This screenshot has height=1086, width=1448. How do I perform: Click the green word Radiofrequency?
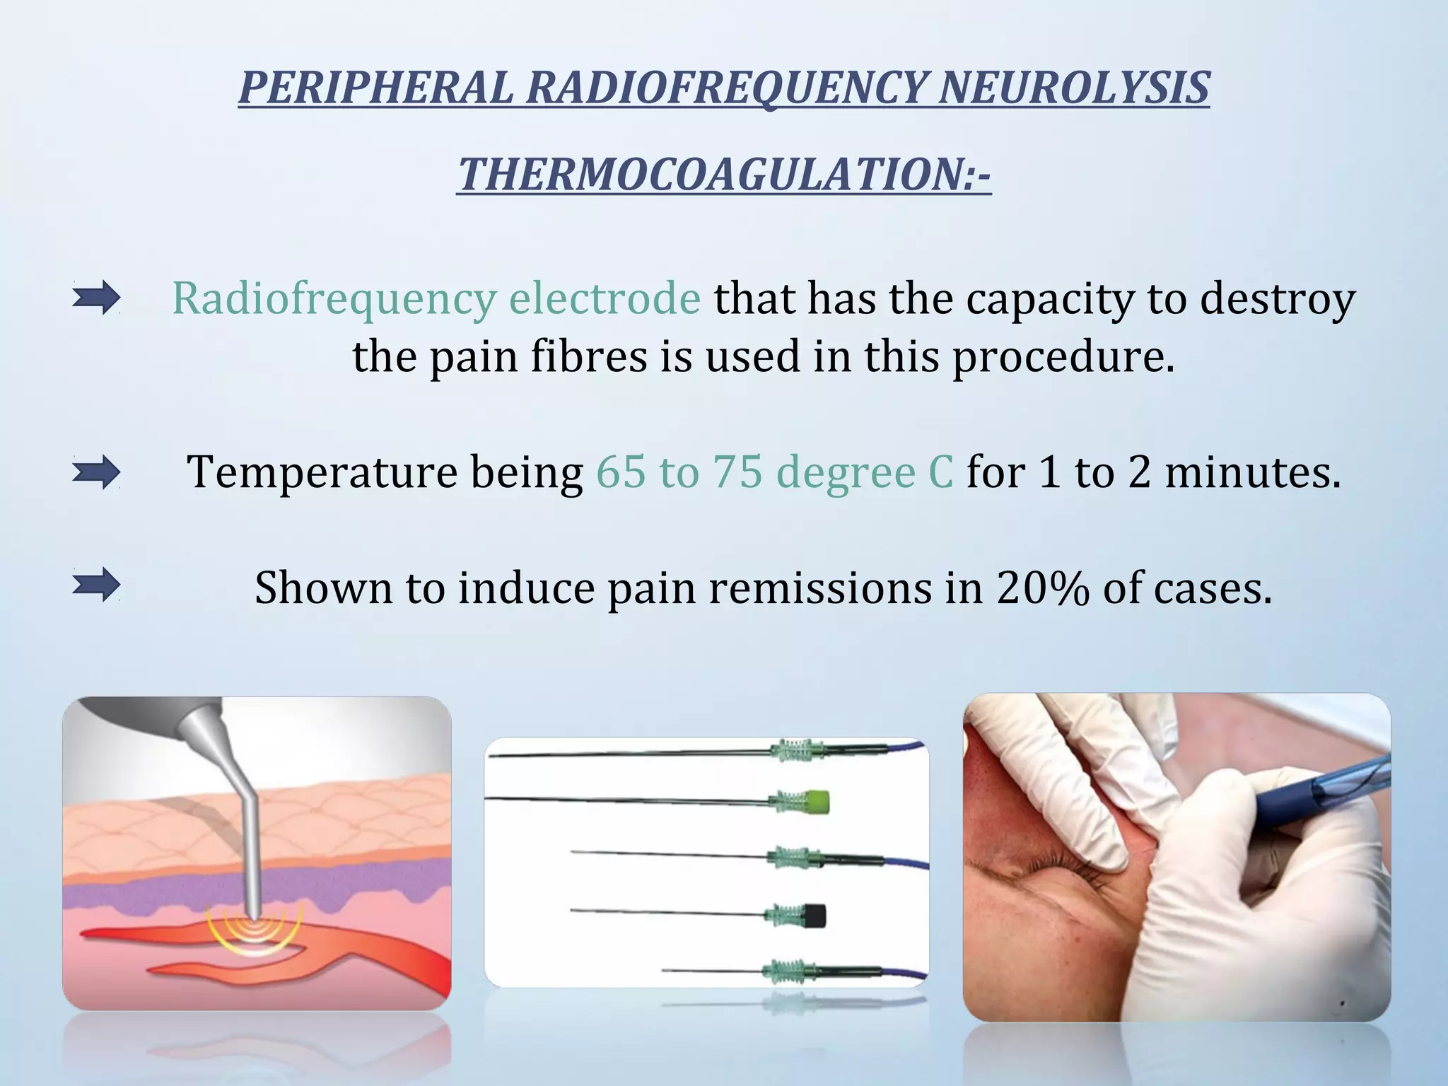point(334,298)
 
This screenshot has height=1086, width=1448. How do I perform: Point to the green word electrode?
point(605,298)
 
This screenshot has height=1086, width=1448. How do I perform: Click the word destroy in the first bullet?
point(1278,298)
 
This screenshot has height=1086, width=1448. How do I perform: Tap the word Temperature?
point(322,472)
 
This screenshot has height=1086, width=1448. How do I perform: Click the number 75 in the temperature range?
point(737,472)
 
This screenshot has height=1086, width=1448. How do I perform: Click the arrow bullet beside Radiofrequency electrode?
point(96,298)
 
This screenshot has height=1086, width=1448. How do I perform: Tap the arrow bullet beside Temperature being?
point(96,472)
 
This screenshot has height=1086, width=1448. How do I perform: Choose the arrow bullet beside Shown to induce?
point(96,585)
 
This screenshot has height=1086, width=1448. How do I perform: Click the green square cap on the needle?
point(816,802)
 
